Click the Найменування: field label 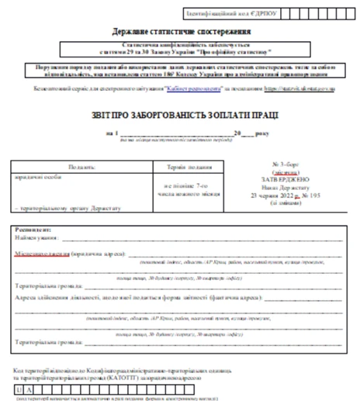click(x=33, y=240)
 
